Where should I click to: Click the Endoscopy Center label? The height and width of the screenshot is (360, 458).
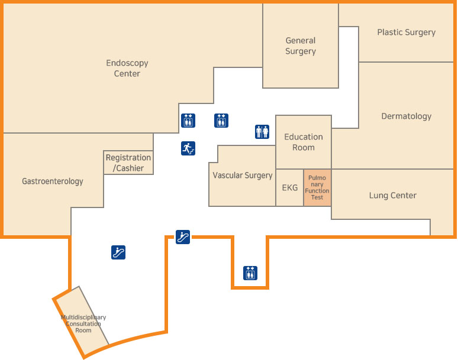click(x=127, y=68)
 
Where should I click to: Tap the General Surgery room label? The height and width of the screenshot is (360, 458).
click(x=301, y=46)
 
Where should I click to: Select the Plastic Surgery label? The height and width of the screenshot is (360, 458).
click(x=406, y=33)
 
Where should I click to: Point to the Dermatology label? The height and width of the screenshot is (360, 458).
click(x=406, y=116)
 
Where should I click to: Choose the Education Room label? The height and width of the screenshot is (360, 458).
click(x=304, y=142)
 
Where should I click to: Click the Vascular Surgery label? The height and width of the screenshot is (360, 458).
click(x=243, y=176)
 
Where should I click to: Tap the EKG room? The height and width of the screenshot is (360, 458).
click(x=290, y=188)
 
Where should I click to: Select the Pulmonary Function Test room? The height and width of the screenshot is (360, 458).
click(x=318, y=187)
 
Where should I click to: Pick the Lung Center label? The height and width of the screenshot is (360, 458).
click(x=393, y=196)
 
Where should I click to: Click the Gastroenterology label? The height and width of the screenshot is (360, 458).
click(x=53, y=181)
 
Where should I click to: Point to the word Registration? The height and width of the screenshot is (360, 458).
click(x=128, y=158)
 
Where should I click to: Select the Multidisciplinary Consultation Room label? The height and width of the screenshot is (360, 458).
click(x=83, y=323)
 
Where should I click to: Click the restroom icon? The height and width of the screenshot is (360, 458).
click(x=262, y=131)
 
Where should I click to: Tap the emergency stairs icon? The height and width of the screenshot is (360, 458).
click(x=188, y=148)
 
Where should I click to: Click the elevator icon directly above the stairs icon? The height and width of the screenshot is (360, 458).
click(x=188, y=121)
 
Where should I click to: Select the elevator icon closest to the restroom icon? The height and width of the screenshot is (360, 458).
click(x=221, y=121)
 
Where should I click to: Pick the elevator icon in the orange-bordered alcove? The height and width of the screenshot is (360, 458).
click(x=250, y=273)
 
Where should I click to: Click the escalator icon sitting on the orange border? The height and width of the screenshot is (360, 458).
click(x=183, y=237)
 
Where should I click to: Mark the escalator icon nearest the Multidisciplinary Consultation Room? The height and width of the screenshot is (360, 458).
click(x=118, y=252)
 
